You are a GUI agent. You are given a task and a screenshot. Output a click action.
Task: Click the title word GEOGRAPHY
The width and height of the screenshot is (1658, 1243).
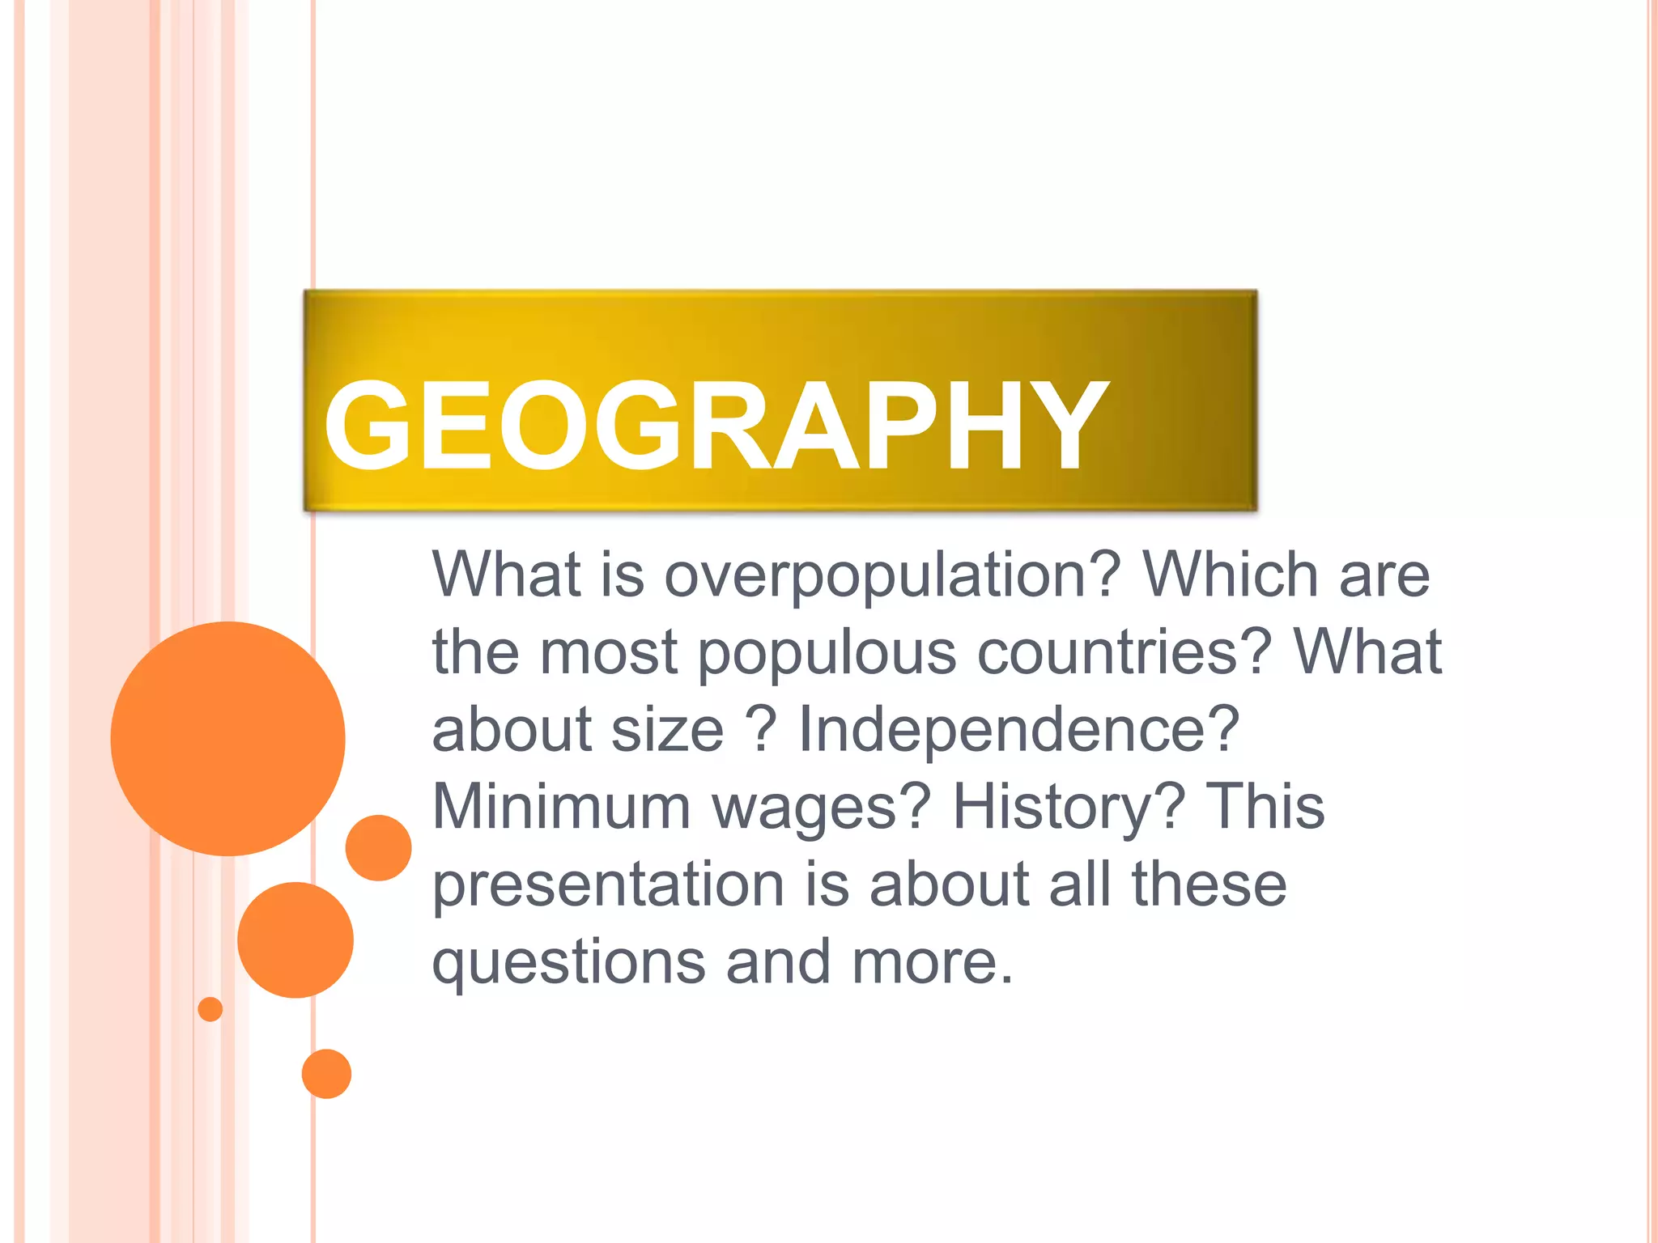(x=716, y=426)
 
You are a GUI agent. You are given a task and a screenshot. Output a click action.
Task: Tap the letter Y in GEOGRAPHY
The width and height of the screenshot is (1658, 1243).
(x=1065, y=426)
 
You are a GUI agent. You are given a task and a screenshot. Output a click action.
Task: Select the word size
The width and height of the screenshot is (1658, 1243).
(x=667, y=730)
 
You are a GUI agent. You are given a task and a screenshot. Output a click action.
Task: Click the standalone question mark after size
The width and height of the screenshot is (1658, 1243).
(x=762, y=730)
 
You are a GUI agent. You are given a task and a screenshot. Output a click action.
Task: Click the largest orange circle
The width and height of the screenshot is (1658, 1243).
(x=228, y=738)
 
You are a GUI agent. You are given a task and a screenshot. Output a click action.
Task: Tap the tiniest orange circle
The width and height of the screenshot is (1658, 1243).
(x=210, y=1009)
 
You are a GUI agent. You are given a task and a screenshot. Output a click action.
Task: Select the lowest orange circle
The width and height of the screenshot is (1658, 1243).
(x=326, y=1074)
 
